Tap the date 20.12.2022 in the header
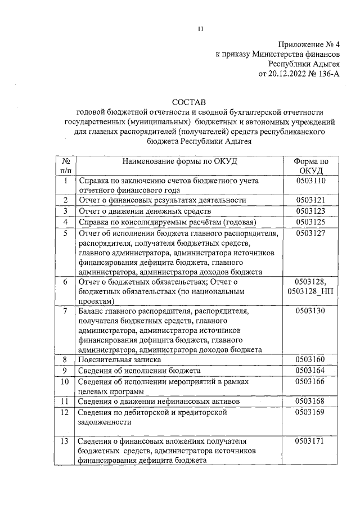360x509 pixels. pyautogui.click(x=287, y=73)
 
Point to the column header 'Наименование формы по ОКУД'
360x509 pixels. pyautogui.click(x=181, y=161)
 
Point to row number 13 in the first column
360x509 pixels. pyautogui.click(x=65, y=440)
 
